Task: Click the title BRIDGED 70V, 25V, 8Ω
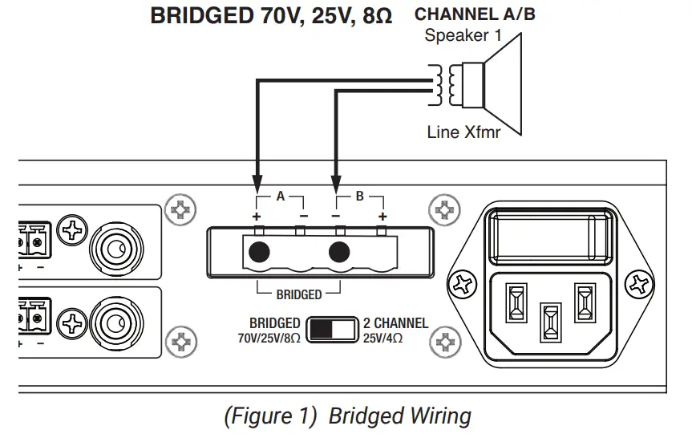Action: pos(271,15)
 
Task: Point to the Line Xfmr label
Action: pos(463,132)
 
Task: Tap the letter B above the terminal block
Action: pos(359,196)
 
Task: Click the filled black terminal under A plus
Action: pos(258,253)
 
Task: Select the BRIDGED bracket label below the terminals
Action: pos(298,294)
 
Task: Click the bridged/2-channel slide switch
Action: pos(333,329)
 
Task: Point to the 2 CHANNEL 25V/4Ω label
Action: pos(396,330)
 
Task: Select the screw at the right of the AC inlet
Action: pos(639,283)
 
